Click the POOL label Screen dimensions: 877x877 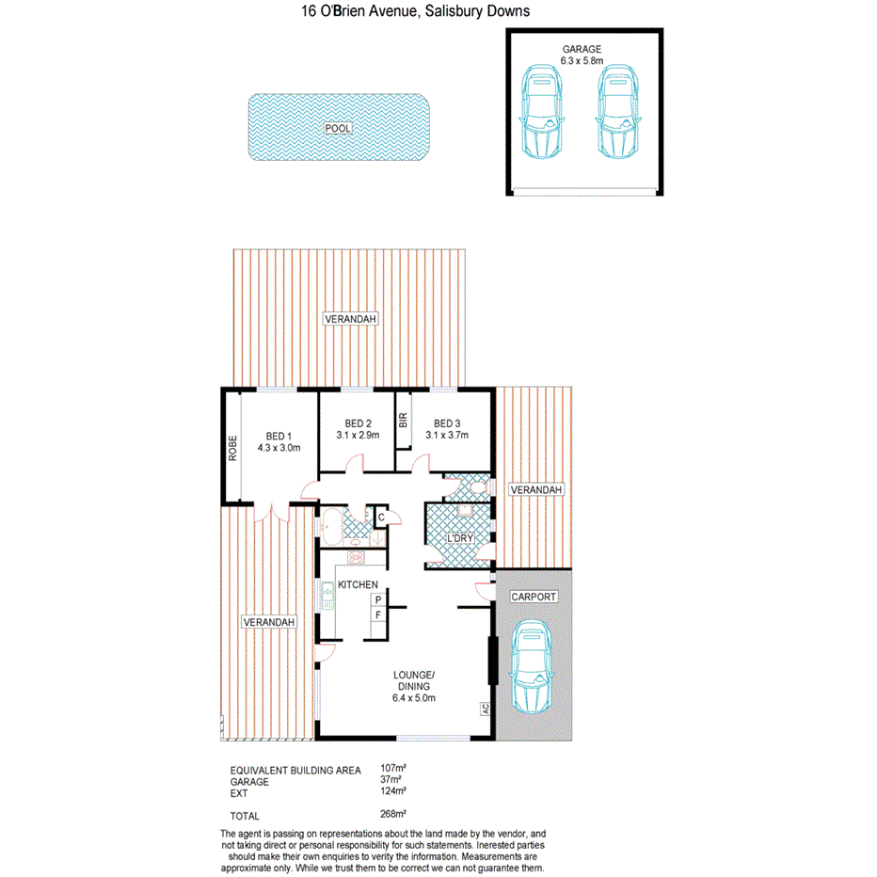[337, 129]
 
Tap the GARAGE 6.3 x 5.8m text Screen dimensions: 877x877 [582, 56]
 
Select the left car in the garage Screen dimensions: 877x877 [543, 110]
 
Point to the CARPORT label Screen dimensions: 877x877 [534, 597]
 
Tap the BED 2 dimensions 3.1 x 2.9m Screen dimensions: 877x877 [358, 436]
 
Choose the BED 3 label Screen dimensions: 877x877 [447, 423]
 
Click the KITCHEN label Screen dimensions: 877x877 [358, 585]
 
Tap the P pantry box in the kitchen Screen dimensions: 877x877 [376, 598]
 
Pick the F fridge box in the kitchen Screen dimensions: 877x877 [376, 614]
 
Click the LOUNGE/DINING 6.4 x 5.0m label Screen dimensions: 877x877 [414, 687]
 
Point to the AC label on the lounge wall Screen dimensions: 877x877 [486, 710]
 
